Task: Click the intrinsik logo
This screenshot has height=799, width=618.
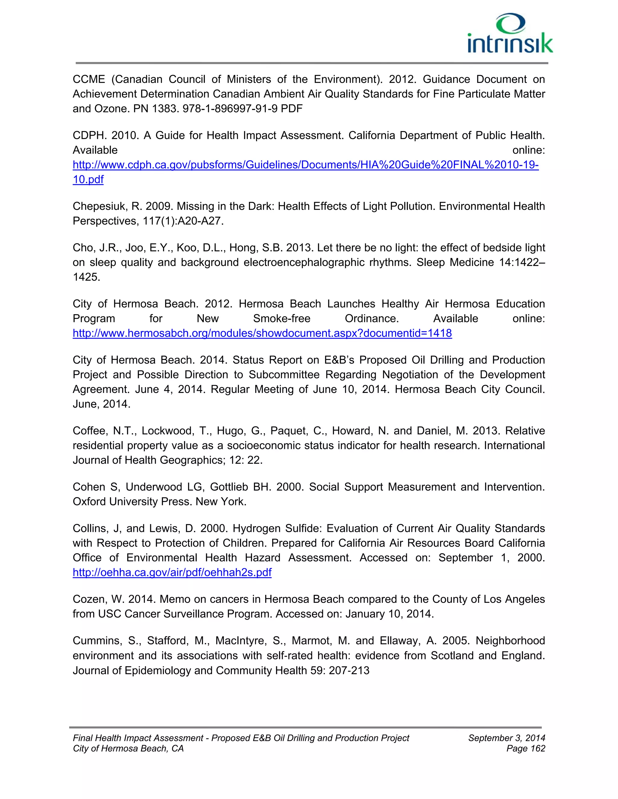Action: [x=510, y=34]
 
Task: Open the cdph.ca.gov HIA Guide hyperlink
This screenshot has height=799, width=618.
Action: [x=305, y=165]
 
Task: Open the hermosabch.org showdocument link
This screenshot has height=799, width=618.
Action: [x=262, y=333]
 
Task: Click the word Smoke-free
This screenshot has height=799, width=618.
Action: [x=282, y=319]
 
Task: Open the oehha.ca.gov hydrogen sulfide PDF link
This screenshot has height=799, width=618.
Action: [x=172, y=572]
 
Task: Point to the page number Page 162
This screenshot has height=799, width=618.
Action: [x=525, y=749]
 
